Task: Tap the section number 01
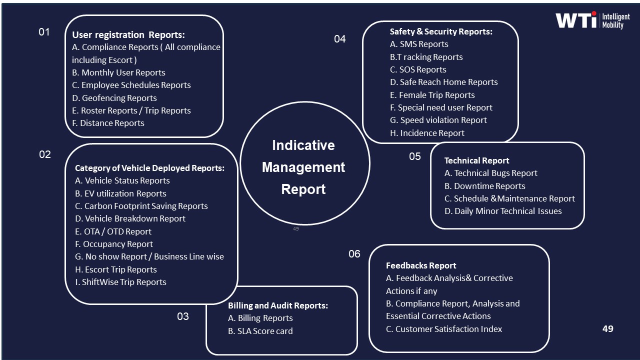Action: tap(44, 32)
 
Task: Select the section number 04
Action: tap(340, 38)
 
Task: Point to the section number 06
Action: tap(354, 254)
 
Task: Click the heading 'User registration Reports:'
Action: tap(128, 35)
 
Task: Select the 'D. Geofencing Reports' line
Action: tap(114, 98)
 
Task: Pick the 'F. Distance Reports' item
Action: tap(108, 123)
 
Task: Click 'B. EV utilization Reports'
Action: tap(120, 193)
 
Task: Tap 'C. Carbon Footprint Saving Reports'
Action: tap(141, 206)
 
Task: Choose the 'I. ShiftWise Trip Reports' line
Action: tap(120, 282)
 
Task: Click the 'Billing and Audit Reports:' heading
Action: tap(278, 305)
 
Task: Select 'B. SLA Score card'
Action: tap(260, 331)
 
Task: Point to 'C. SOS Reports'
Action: tap(418, 69)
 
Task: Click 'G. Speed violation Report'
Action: tap(438, 120)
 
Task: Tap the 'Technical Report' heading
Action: tap(477, 160)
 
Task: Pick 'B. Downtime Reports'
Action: tap(485, 186)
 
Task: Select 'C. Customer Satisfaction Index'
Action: tap(444, 329)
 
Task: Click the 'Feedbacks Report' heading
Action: tap(421, 265)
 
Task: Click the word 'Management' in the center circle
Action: tap(303, 167)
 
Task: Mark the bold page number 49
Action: tap(608, 329)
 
